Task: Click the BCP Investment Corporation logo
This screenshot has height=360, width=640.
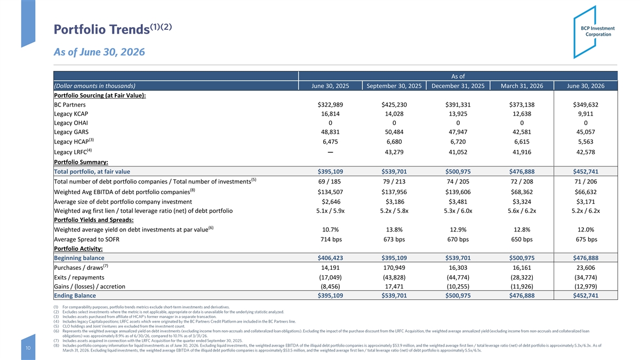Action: click(594, 32)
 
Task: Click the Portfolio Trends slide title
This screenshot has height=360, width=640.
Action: click(113, 29)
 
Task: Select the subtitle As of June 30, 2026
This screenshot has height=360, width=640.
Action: click(99, 52)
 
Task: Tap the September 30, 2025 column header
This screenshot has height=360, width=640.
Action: click(394, 86)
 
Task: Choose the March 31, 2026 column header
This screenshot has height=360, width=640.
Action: click(522, 86)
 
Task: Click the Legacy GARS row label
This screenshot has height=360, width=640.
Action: click(71, 132)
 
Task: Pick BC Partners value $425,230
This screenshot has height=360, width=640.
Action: click(394, 105)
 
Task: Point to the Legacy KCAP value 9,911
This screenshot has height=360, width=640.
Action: click(586, 114)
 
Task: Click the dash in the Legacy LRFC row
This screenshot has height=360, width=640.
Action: click(330, 152)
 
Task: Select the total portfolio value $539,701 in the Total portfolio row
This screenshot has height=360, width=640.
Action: click(394, 171)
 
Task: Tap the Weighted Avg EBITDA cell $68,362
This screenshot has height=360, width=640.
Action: click(522, 192)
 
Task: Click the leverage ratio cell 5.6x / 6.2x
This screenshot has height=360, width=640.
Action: click(522, 211)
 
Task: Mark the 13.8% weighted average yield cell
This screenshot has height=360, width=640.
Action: click(394, 230)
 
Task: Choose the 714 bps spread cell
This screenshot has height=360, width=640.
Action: click(331, 239)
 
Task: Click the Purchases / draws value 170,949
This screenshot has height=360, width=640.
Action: click(394, 268)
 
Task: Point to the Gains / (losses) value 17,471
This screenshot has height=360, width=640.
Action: click(394, 286)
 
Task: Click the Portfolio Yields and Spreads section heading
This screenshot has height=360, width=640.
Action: click(94, 220)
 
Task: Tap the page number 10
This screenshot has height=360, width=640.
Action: click(28, 348)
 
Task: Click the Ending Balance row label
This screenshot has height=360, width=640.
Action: click(75, 295)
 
